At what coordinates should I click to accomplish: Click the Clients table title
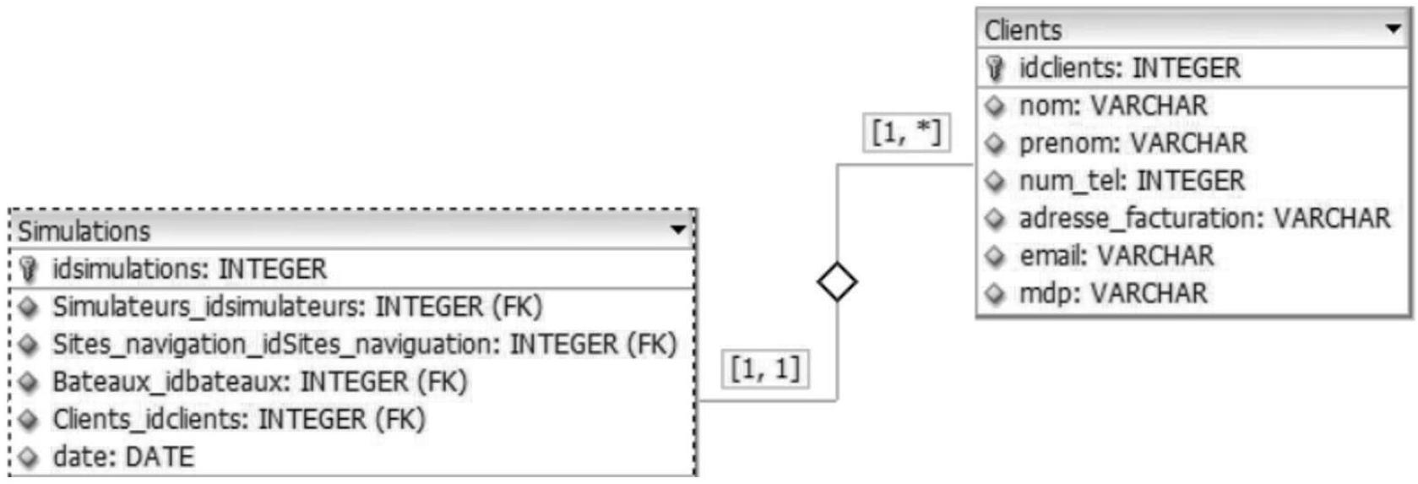click(x=1023, y=30)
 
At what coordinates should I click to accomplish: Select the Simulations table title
click(x=84, y=231)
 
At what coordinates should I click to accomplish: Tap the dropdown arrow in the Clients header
click(x=1394, y=29)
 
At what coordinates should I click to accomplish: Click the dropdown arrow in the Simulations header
click(x=679, y=229)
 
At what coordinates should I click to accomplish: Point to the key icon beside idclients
click(x=995, y=68)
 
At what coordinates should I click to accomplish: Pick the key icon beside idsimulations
click(x=29, y=269)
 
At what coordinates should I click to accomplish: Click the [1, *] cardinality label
click(x=906, y=133)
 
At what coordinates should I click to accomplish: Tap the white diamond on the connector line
click(x=838, y=282)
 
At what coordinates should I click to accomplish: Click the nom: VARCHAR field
click(x=1113, y=106)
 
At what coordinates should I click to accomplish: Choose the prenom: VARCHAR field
click(x=1133, y=144)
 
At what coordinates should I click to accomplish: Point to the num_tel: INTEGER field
click(x=1132, y=181)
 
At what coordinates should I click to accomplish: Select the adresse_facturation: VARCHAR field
click(x=1204, y=219)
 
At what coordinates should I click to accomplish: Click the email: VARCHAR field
click(x=1116, y=256)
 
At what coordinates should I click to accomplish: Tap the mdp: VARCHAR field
click(x=1113, y=294)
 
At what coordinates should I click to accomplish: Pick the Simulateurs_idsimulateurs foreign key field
click(x=297, y=307)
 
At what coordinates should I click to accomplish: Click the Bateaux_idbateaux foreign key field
click(x=259, y=382)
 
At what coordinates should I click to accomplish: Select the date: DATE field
click(x=123, y=458)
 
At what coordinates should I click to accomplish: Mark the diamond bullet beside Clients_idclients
click(x=29, y=419)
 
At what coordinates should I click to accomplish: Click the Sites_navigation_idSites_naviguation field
click(x=365, y=345)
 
